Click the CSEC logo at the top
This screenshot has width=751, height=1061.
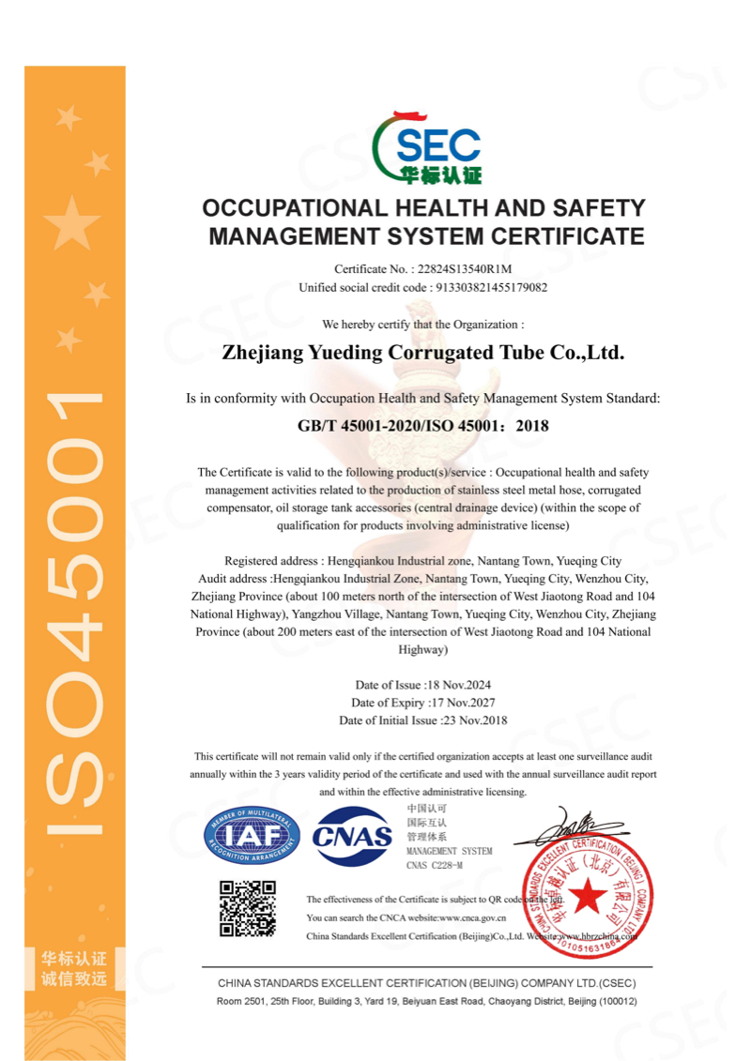[427, 148]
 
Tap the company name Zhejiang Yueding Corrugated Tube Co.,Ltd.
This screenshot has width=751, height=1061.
[422, 354]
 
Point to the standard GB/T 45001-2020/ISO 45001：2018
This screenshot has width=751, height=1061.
[422, 425]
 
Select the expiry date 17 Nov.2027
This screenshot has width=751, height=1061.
[462, 703]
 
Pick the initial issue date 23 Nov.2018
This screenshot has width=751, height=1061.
[474, 720]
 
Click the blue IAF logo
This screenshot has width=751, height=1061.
[253, 834]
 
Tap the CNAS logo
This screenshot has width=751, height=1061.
[352, 835]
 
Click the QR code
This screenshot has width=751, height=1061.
[248, 908]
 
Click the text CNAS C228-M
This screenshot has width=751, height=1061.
[435, 865]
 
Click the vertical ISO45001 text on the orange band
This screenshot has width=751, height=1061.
[75, 610]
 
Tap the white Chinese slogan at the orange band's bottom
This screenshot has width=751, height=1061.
[74, 970]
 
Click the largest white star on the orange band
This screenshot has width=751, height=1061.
[72, 224]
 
